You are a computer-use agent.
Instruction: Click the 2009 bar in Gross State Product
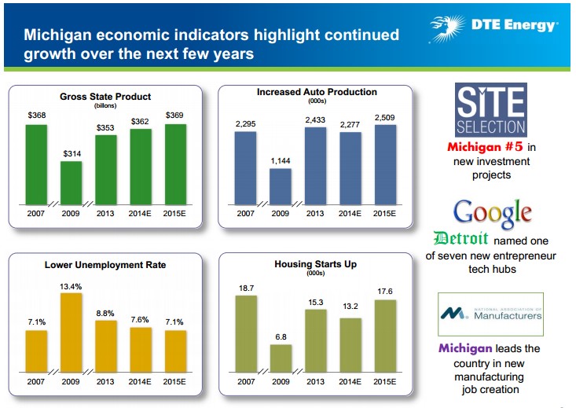(x=72, y=183)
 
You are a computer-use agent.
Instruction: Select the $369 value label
(x=175, y=116)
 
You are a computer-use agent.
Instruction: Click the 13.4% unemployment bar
(x=72, y=332)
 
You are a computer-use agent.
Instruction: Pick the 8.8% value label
(x=105, y=312)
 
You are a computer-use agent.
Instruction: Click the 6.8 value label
(x=281, y=336)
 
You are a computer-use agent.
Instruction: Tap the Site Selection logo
(x=491, y=110)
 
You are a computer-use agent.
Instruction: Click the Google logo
(x=493, y=213)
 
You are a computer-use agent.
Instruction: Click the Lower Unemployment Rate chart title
(x=105, y=265)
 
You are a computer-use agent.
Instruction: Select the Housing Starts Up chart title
(x=315, y=264)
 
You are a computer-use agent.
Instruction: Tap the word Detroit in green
(x=461, y=239)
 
